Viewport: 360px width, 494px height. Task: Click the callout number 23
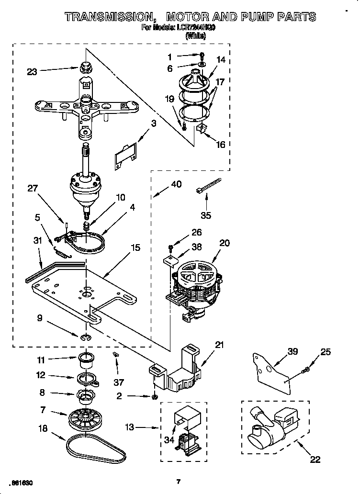32,72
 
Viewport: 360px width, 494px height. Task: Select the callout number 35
205,215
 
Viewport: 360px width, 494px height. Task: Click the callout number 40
176,183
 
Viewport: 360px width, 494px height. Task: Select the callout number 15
135,247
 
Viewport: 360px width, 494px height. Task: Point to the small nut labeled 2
155,397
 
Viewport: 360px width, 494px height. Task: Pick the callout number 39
292,352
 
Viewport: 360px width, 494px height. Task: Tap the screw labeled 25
306,369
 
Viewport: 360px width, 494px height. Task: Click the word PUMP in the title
261,17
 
